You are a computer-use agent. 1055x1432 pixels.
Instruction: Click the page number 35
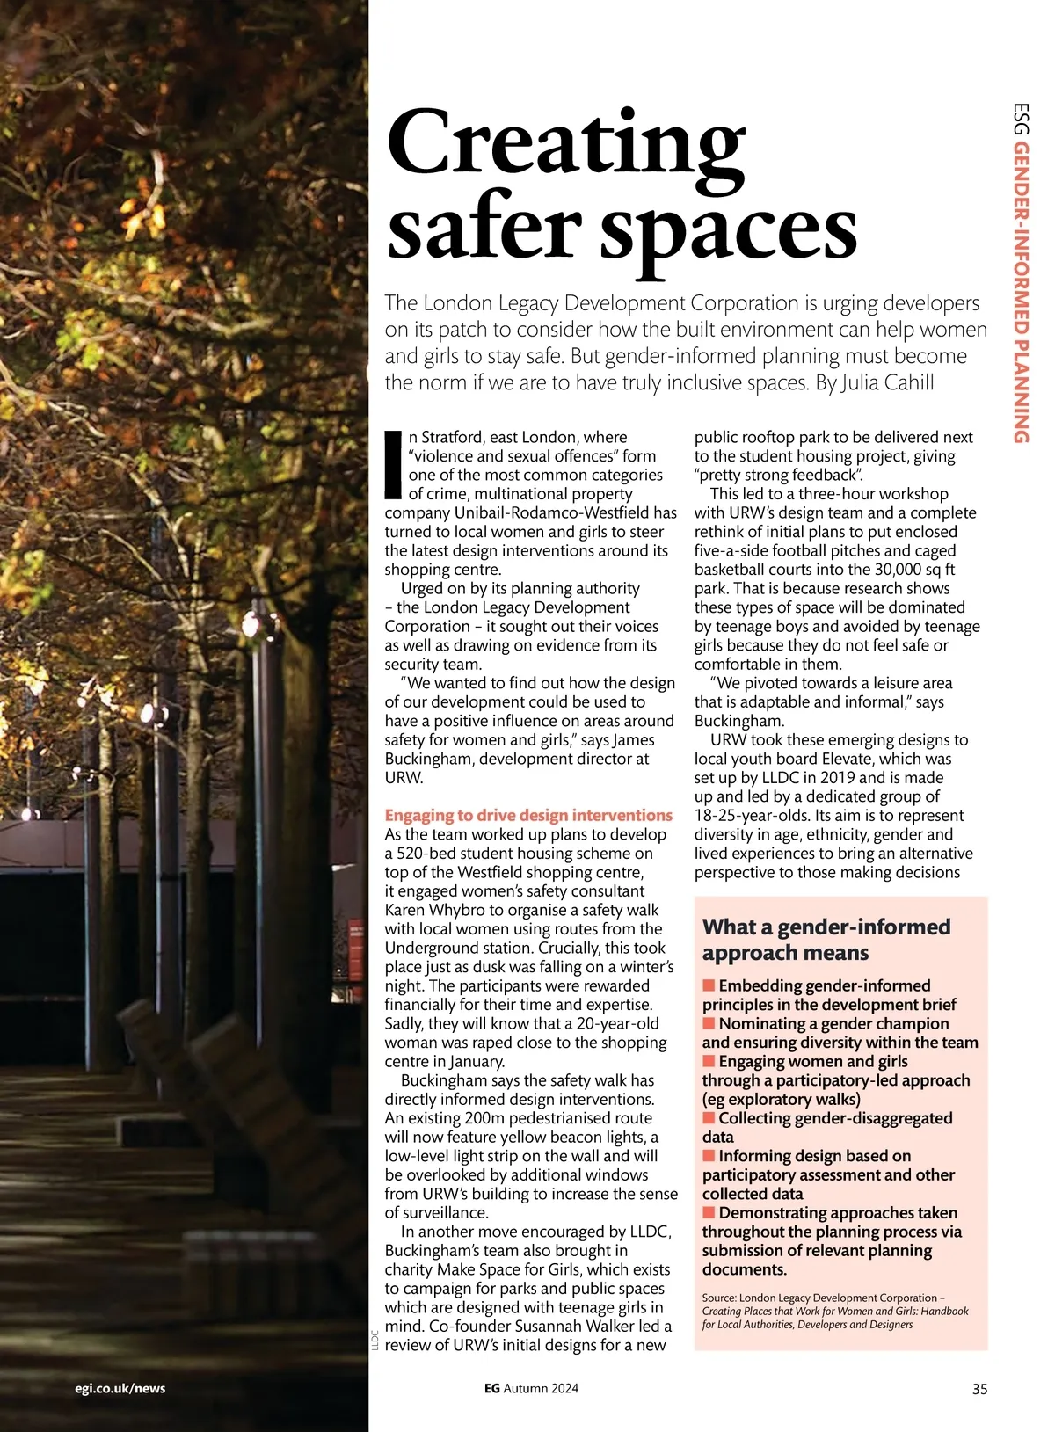[x=979, y=1389]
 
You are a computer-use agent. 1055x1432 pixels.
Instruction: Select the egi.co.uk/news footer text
[x=120, y=1388]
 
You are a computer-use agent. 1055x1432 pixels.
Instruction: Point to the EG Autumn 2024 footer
[x=531, y=1388]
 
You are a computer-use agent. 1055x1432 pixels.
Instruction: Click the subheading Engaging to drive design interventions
[x=528, y=815]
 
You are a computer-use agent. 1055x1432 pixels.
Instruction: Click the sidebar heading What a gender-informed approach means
[x=826, y=940]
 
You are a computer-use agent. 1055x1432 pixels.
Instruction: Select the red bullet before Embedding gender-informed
[x=709, y=985]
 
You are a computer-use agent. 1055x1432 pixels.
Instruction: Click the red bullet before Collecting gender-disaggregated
[x=709, y=1118]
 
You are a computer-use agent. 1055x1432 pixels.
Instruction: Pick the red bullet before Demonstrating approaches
[x=709, y=1213]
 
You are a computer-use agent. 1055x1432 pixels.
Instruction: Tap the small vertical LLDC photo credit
[x=374, y=1340]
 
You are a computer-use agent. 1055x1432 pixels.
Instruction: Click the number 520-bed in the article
[x=426, y=854]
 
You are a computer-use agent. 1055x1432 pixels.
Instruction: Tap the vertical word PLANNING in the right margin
[x=1020, y=388]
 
